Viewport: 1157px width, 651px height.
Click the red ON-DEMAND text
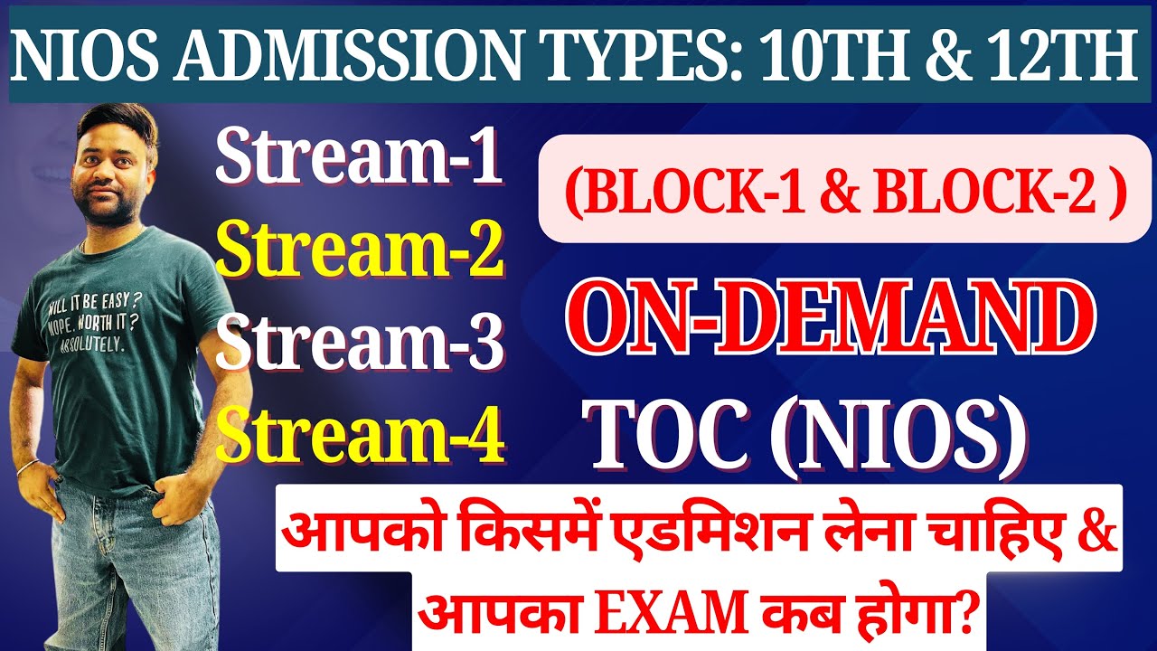point(831,321)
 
